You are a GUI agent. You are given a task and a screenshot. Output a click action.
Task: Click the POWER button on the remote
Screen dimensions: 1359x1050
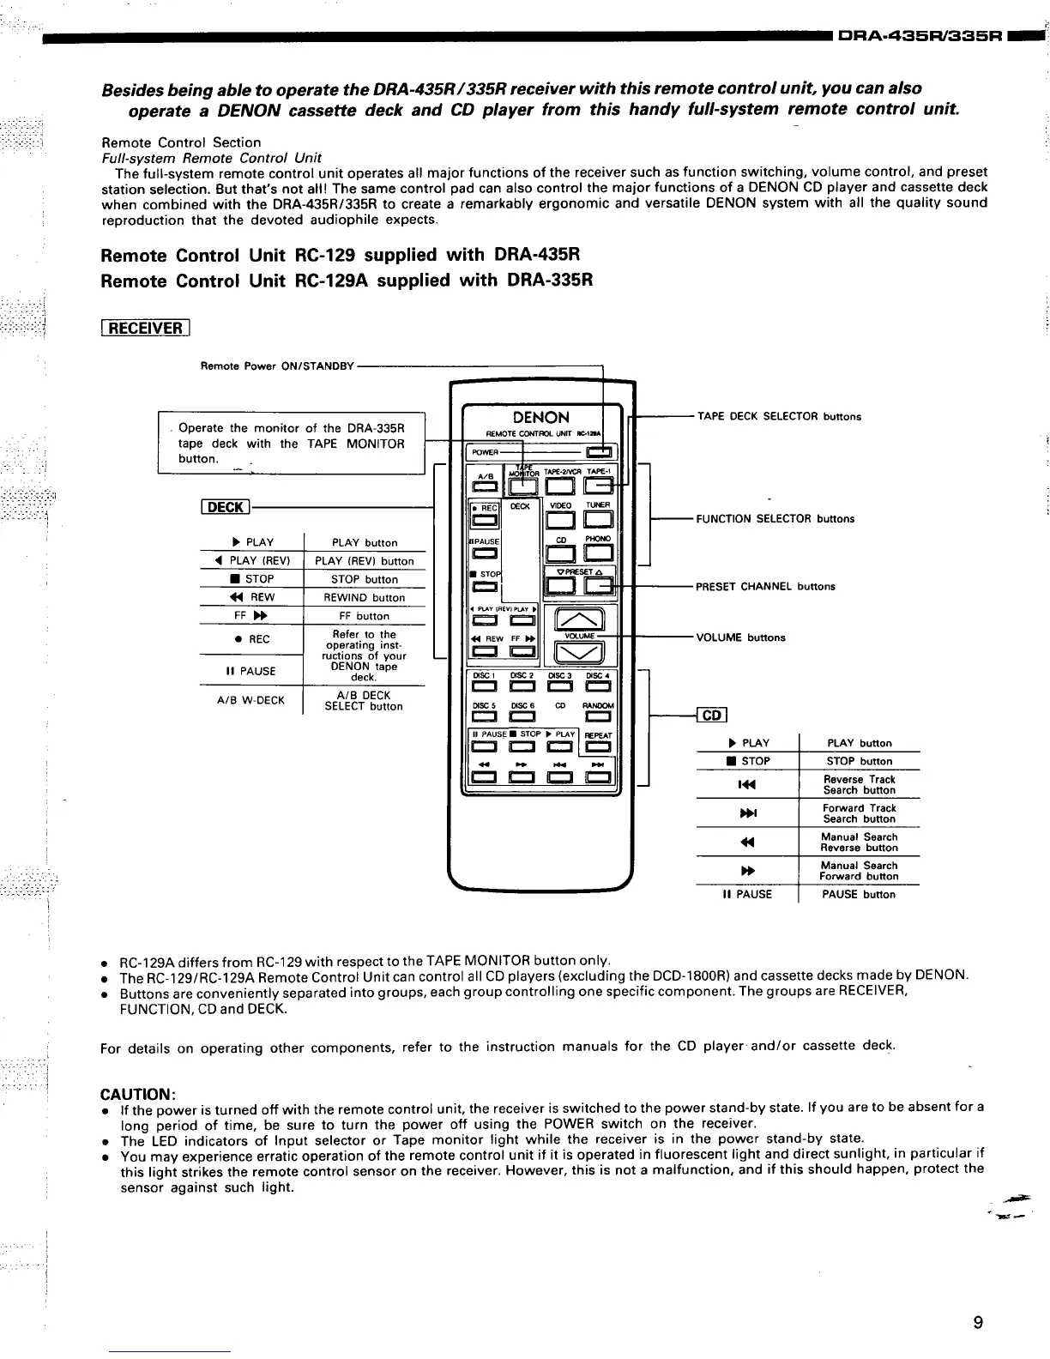tap(599, 453)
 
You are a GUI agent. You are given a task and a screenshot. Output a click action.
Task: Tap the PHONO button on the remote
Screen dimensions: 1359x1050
tap(598, 554)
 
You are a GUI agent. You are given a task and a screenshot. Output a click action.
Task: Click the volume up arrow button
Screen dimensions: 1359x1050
tap(581, 619)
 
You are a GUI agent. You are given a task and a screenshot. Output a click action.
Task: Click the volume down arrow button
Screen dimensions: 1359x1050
tap(581, 655)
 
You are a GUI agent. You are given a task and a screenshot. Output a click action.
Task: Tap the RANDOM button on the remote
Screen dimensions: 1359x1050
tap(599, 718)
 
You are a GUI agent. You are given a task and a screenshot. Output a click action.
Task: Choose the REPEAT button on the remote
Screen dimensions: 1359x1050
tap(598, 747)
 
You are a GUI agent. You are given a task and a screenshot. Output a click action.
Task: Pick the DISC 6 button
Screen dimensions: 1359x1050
tap(521, 718)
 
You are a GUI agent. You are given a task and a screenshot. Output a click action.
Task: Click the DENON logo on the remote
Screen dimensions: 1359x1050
tap(540, 418)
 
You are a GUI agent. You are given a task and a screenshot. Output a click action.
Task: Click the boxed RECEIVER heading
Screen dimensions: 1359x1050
tap(144, 328)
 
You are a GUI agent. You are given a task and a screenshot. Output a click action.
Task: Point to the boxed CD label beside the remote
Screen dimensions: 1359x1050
tap(713, 716)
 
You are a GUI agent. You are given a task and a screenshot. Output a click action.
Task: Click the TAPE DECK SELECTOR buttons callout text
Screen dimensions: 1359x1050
tap(779, 417)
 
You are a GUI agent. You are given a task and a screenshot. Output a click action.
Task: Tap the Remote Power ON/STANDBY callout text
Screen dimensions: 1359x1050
tap(277, 366)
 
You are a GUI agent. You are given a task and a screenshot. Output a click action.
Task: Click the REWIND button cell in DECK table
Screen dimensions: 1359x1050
tap(364, 598)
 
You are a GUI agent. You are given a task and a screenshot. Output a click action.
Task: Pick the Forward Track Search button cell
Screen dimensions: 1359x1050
tap(859, 813)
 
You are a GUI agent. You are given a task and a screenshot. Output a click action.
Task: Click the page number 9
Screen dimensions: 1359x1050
tap(978, 1322)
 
